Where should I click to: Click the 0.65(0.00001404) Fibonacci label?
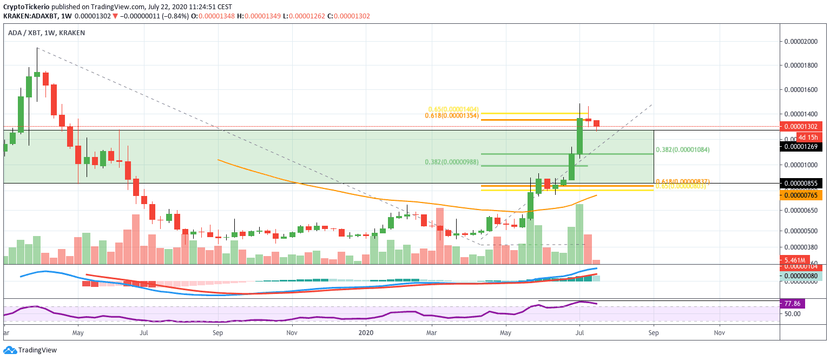[x=454, y=109]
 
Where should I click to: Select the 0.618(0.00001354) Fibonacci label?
[x=451, y=116]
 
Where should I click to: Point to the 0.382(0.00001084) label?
[x=682, y=149]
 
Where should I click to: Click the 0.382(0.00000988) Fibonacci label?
[x=452, y=162]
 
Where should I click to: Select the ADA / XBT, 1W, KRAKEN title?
[x=46, y=33]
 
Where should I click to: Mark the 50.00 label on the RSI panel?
[x=793, y=313]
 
